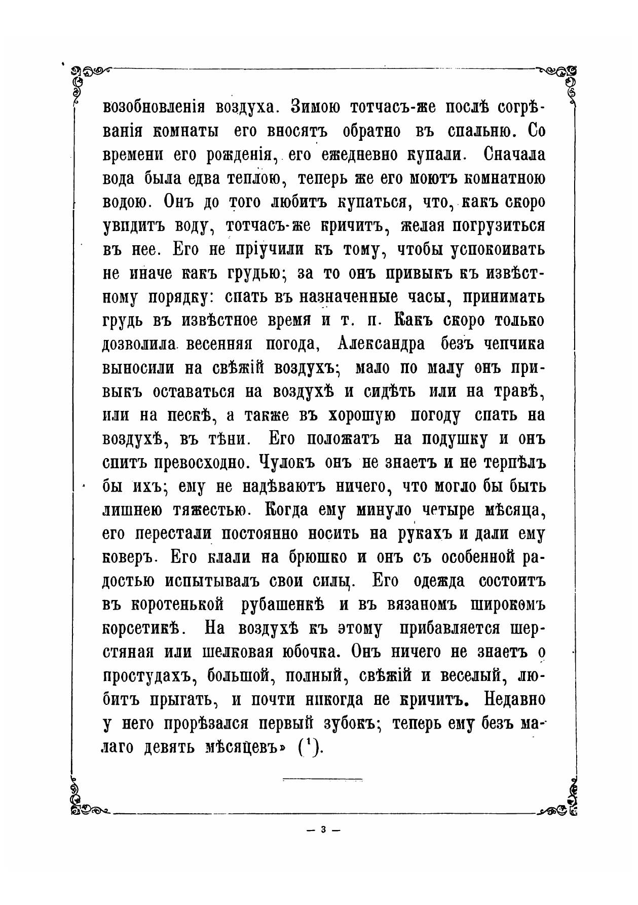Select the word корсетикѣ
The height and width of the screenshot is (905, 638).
(x=142, y=629)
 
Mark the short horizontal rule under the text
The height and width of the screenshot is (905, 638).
(x=322, y=779)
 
